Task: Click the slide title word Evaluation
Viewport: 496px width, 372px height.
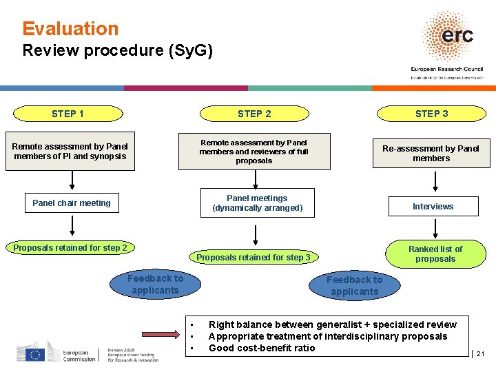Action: point(70,29)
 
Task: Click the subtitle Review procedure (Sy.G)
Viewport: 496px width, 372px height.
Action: point(118,50)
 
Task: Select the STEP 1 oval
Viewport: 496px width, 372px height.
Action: point(68,114)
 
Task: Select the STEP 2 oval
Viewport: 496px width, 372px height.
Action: point(254,114)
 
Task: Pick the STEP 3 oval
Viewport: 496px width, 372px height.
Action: point(431,114)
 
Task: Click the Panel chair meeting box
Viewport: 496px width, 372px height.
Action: point(72,203)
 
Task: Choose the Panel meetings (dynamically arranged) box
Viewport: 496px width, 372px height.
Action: point(257,203)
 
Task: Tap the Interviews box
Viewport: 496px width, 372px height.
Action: point(433,206)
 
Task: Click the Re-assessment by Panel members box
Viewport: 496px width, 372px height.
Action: point(431,153)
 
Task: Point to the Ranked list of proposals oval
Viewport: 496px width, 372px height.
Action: point(435,254)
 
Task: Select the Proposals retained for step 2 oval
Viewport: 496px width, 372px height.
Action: point(70,248)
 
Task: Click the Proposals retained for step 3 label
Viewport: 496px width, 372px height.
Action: point(254,258)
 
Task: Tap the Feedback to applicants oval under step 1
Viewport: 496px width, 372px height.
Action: point(155,284)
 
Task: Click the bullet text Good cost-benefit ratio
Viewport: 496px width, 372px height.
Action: point(262,348)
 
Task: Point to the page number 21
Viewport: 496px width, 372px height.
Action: point(480,354)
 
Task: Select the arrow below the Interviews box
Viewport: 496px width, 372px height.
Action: point(435,229)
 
